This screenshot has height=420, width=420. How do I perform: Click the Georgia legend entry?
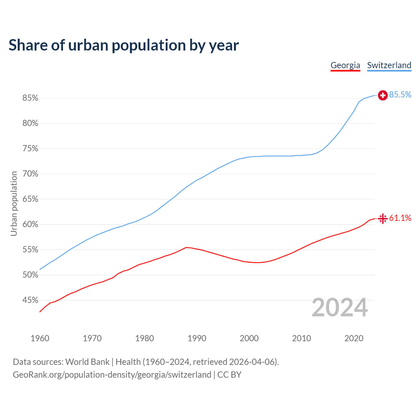point(345,65)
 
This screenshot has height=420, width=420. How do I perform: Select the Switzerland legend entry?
point(389,65)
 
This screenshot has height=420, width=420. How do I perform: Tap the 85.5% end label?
point(400,95)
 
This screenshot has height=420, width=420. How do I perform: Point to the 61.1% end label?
point(400,218)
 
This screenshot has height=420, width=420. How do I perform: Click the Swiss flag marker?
point(383,95)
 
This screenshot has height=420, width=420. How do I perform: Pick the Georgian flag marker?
point(383,219)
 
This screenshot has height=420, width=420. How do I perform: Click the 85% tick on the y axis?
point(31,98)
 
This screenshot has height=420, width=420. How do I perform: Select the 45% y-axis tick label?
point(31,300)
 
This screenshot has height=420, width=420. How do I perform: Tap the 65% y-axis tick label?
point(31,199)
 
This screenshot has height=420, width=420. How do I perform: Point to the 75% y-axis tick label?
point(31,149)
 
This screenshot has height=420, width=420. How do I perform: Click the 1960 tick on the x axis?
point(40,338)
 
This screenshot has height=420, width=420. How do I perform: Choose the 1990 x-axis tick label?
point(197,338)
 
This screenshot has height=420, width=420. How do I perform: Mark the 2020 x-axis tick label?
point(354,338)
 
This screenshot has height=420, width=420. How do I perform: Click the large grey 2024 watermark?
point(340,308)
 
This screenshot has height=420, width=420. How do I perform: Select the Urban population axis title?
point(14,204)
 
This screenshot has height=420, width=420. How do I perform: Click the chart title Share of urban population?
point(124,45)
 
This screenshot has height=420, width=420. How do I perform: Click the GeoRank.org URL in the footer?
point(112,375)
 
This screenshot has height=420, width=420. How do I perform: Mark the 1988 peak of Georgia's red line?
point(186,247)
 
